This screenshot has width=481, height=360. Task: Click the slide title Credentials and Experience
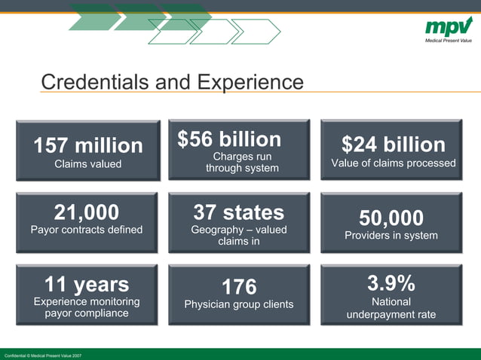click(172, 82)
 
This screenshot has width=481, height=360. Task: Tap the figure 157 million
click(87, 145)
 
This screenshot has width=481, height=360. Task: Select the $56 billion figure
click(229, 139)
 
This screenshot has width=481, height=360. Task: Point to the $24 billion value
click(393, 144)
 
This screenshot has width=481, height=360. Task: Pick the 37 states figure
click(238, 212)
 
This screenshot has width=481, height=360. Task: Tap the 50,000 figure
click(391, 218)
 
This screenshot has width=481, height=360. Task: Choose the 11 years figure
click(86, 285)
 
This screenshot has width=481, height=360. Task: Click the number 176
click(239, 287)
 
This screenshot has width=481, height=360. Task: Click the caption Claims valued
click(87, 163)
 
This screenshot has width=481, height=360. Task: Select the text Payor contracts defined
click(86, 230)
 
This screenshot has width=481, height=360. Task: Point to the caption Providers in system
click(391, 236)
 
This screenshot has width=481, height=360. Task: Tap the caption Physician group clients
click(239, 305)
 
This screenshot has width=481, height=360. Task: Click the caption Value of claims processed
click(393, 163)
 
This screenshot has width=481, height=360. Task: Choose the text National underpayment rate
click(391, 308)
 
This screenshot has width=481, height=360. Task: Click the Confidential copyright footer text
click(43, 355)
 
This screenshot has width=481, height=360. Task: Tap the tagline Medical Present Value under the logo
click(449, 40)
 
